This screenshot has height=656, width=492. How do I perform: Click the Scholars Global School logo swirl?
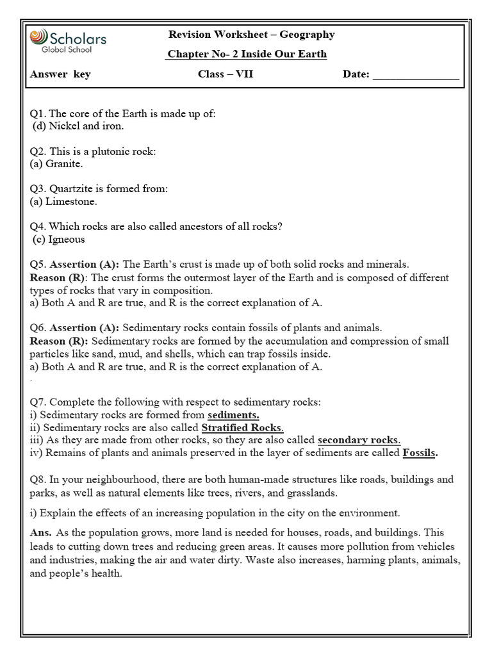(38, 38)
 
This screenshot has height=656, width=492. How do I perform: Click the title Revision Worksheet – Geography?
(250, 35)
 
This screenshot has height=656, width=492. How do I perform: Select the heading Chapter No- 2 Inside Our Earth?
(247, 54)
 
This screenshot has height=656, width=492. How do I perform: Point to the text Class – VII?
(225, 74)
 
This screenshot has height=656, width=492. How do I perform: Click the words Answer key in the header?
(60, 74)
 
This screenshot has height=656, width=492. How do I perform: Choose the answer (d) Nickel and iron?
(78, 126)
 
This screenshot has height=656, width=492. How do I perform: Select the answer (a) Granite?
(56, 163)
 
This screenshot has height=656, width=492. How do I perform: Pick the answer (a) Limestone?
(63, 201)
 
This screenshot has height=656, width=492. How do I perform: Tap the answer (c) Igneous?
(59, 239)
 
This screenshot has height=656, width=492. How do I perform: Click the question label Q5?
(38, 264)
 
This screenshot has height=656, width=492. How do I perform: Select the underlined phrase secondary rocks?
(359, 440)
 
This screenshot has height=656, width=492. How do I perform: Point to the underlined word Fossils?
(420, 453)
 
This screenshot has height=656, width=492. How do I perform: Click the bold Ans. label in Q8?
(41, 533)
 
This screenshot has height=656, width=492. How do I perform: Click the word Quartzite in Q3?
(71, 189)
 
